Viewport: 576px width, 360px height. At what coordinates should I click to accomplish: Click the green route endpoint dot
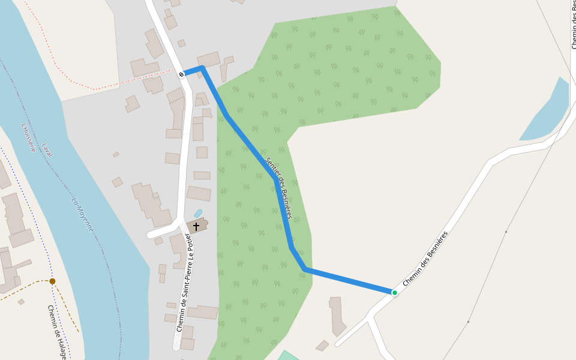[394, 293]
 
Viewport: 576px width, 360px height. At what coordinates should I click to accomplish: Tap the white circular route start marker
[181, 74]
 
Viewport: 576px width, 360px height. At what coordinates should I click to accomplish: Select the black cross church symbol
[196, 227]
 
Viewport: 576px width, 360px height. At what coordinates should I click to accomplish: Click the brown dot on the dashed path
[52, 281]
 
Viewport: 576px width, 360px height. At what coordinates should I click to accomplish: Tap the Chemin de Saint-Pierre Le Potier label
[184, 282]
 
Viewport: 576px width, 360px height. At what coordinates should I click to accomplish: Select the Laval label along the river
[47, 150]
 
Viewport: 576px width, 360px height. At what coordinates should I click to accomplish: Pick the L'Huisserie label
[28, 137]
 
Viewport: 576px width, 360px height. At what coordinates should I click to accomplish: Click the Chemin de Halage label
[56, 332]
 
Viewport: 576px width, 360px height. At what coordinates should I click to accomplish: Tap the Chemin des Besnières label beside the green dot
[425, 259]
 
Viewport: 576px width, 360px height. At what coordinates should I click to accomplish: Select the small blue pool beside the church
[198, 214]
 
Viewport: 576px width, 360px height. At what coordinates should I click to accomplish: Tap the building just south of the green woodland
[337, 315]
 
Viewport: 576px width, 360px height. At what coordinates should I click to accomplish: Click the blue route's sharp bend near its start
[202, 68]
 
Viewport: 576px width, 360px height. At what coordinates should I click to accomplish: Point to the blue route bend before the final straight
[305, 268]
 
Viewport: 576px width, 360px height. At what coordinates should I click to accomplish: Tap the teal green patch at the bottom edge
[288, 355]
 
